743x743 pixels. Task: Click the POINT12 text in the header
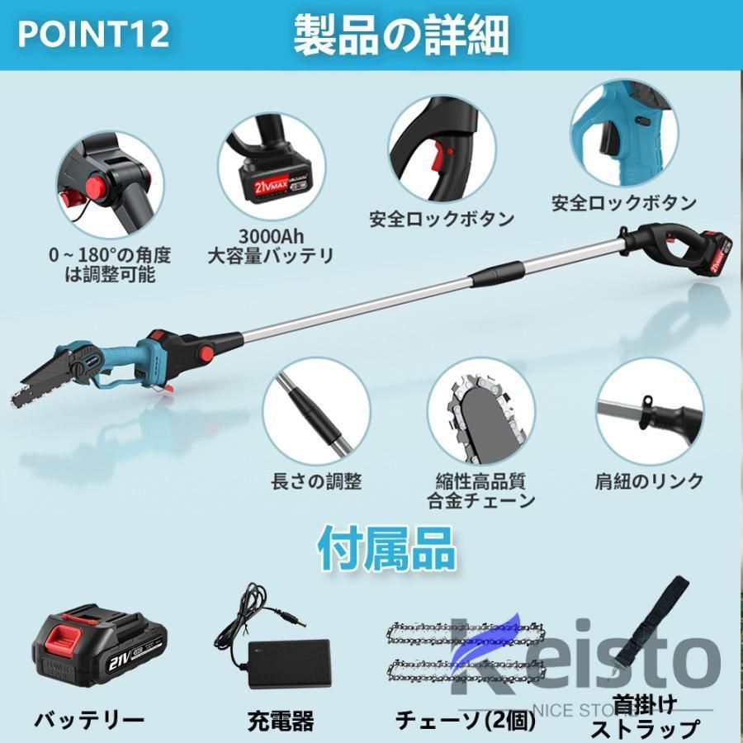click(93, 33)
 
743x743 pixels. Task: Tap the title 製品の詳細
click(401, 35)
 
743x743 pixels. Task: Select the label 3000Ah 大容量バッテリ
click(270, 246)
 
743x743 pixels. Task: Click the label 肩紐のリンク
click(649, 480)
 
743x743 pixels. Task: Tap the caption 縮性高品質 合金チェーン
click(480, 490)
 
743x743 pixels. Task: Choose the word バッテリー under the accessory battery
click(89, 718)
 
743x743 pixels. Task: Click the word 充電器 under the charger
click(280, 721)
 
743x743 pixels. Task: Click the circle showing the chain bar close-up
click(480, 410)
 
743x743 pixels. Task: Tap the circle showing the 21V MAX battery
click(271, 163)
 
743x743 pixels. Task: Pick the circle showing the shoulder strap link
click(650, 410)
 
